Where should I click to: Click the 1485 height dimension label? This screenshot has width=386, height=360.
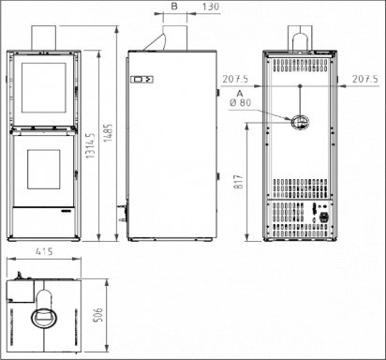coord(109,133)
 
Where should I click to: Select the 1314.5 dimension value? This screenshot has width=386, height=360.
coord(91,144)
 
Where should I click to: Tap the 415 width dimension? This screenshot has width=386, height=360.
coord(44,251)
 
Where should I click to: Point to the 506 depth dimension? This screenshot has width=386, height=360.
coord(98,315)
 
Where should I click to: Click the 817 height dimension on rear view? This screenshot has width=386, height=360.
coord(238,182)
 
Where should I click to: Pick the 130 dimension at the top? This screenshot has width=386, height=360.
coord(211,7)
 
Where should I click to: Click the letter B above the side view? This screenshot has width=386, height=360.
coord(174,7)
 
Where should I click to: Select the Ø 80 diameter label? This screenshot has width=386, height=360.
coord(241,102)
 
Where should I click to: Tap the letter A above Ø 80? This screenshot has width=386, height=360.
coord(240,94)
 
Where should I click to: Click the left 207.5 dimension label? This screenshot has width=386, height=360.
coord(235,79)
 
